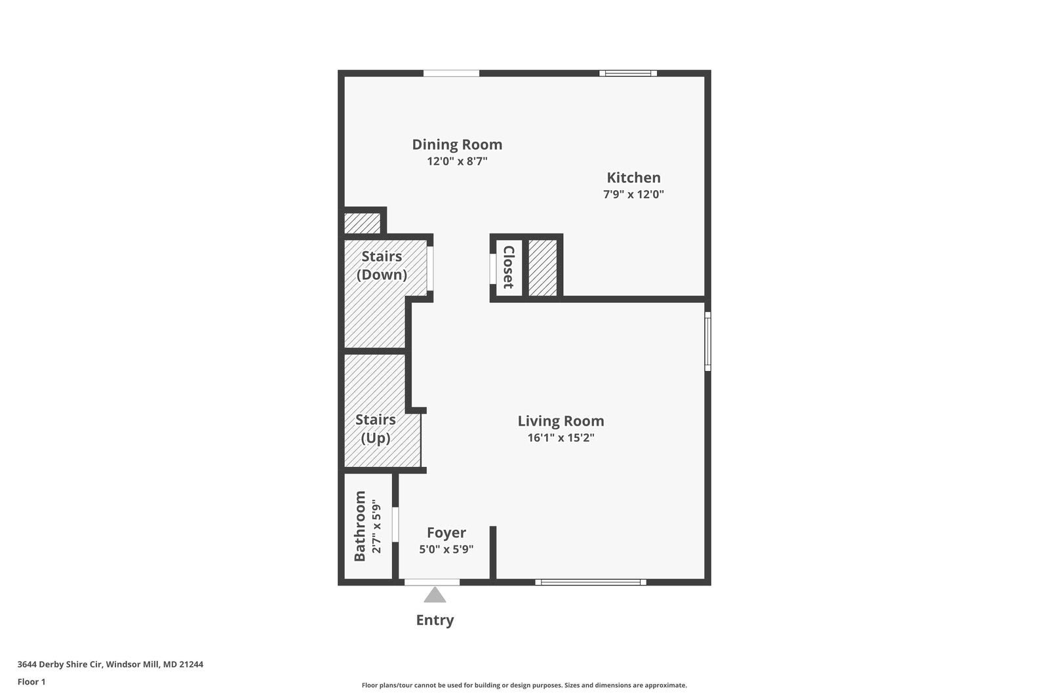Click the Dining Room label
[x=457, y=144]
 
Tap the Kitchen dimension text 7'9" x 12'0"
[x=633, y=194]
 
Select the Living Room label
[x=561, y=421]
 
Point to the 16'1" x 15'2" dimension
[x=561, y=438]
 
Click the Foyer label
[x=446, y=532]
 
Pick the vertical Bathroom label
[x=360, y=526]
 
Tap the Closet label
[x=508, y=267]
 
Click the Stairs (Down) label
[x=382, y=265]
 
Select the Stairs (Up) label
[x=375, y=428]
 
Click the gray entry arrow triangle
[x=435, y=595]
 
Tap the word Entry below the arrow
[x=435, y=620]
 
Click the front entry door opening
[x=431, y=582]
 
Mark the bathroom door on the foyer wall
[x=395, y=524]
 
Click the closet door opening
[x=492, y=268]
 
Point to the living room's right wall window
[x=707, y=342]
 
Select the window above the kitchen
[x=628, y=73]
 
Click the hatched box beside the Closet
[x=542, y=268]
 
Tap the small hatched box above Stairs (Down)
[x=363, y=223]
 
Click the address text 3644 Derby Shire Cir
[x=110, y=664]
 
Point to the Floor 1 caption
[x=31, y=682]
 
